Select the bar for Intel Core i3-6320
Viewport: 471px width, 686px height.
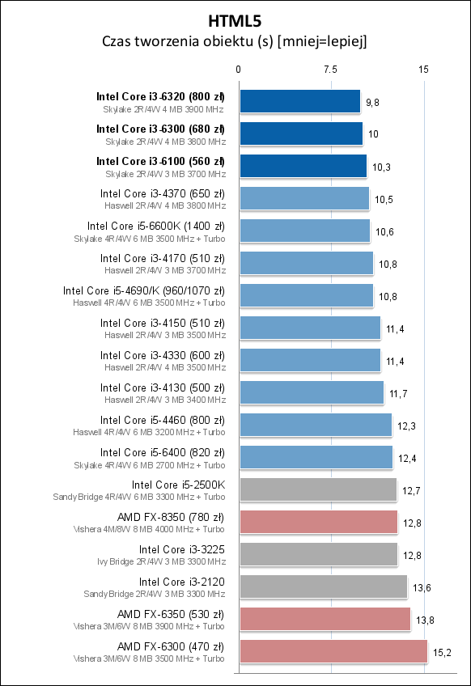tap(299, 101)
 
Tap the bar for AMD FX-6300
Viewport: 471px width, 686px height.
tap(333, 651)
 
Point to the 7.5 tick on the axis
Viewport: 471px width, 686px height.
tap(330, 70)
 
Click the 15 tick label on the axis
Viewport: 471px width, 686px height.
tap(423, 70)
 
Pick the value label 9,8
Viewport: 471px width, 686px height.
tap(373, 102)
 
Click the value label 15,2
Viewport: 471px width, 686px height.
tap(442, 652)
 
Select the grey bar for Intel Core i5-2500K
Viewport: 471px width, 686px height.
tap(317, 489)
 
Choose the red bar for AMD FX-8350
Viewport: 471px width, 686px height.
tap(318, 522)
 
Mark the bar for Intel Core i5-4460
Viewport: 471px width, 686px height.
tap(315, 425)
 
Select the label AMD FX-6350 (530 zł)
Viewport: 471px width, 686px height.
tap(171, 614)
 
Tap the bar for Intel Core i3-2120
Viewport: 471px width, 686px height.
tap(323, 586)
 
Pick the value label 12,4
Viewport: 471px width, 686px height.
tap(407, 458)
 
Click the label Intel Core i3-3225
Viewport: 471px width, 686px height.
tap(182, 549)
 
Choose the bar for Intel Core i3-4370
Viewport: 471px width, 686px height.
tap(303, 198)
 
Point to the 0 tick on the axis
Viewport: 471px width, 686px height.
tap(239, 70)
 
